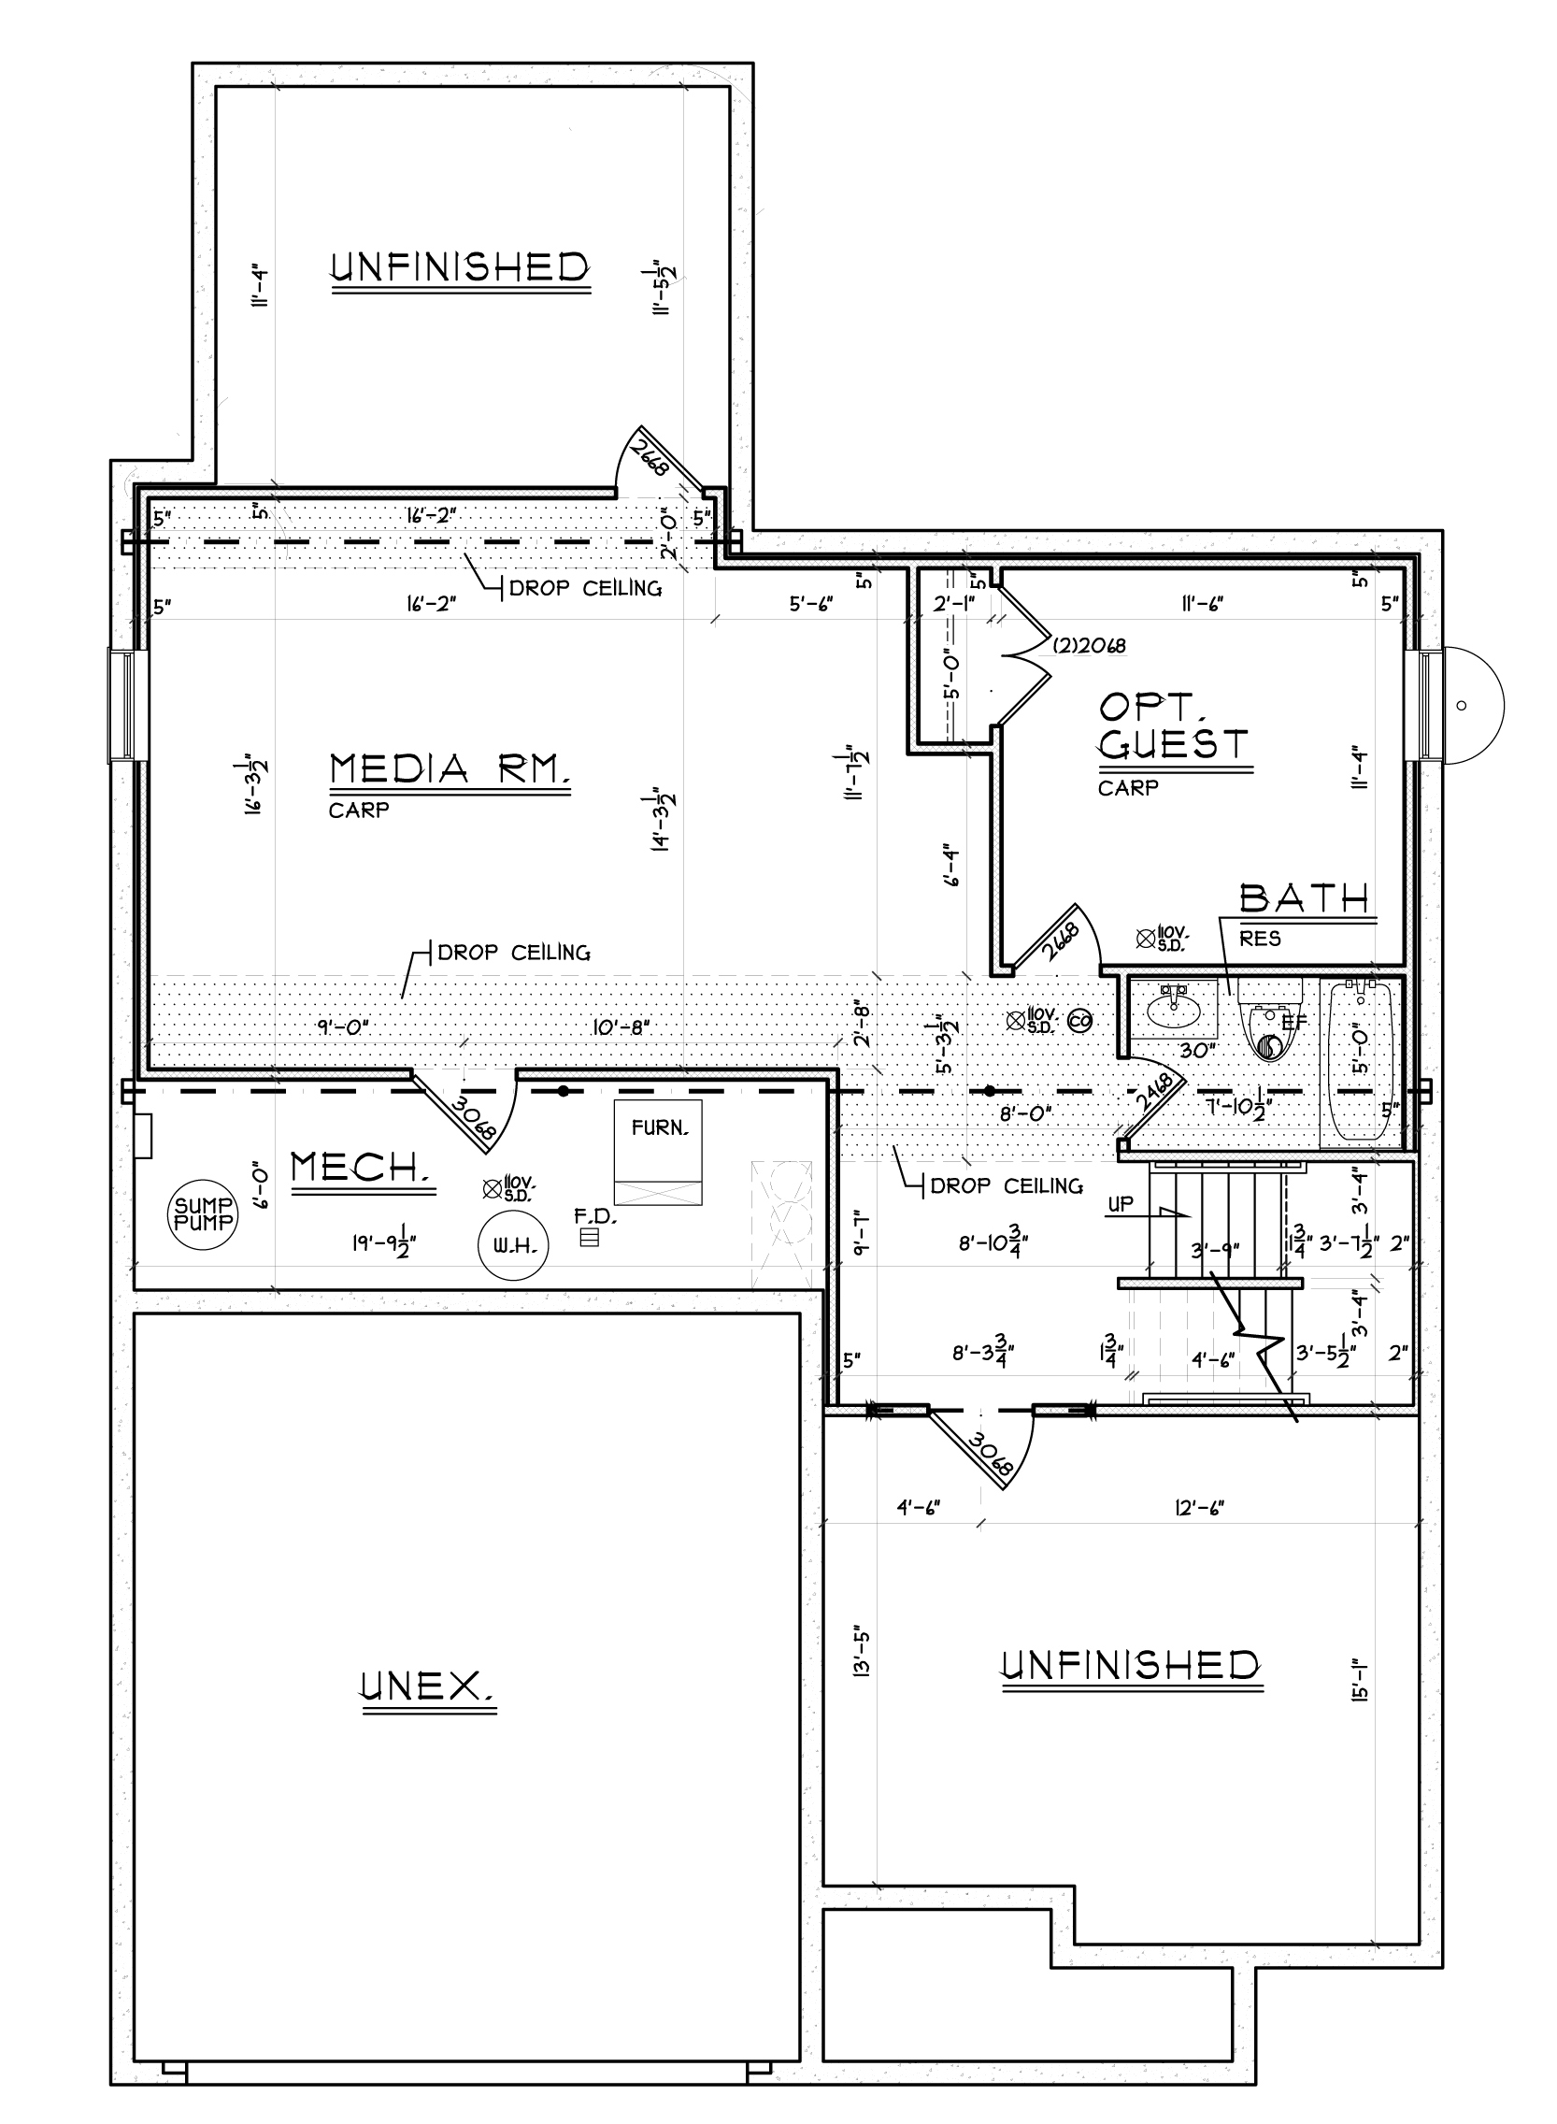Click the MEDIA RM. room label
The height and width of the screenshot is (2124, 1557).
[450, 769]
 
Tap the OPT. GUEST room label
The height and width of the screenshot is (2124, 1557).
[1174, 725]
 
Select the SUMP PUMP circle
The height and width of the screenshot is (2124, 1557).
[203, 1216]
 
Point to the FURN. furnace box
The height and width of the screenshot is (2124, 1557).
[658, 1152]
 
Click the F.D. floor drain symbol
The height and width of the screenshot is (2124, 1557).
[589, 1238]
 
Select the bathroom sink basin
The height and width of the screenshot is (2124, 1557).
[1175, 1012]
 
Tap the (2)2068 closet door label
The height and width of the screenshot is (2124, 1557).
[1089, 647]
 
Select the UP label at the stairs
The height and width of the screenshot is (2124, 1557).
[1121, 1204]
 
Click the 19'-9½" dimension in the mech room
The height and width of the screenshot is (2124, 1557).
[384, 1244]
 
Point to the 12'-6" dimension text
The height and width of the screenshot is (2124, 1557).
[1199, 1508]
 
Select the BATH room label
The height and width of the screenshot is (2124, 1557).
[1305, 898]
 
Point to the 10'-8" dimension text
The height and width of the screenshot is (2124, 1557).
[622, 1026]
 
